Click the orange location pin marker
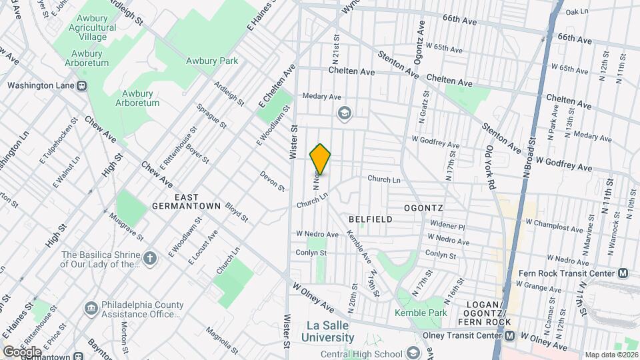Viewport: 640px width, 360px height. tap(321, 159)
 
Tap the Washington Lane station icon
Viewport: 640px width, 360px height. tap(82, 85)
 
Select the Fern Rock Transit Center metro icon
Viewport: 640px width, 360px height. tap(623, 273)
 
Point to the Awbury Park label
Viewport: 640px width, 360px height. tap(211, 61)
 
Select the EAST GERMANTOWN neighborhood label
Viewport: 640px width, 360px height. tap(188, 202)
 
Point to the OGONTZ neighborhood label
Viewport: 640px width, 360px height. tap(423, 208)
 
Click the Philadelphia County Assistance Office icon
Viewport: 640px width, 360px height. tap(91, 309)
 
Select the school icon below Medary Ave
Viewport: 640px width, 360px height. tap(344, 112)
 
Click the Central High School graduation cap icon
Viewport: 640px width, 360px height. tap(413, 353)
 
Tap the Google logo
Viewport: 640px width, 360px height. tap(21, 351)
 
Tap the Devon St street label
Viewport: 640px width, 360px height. tap(272, 181)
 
